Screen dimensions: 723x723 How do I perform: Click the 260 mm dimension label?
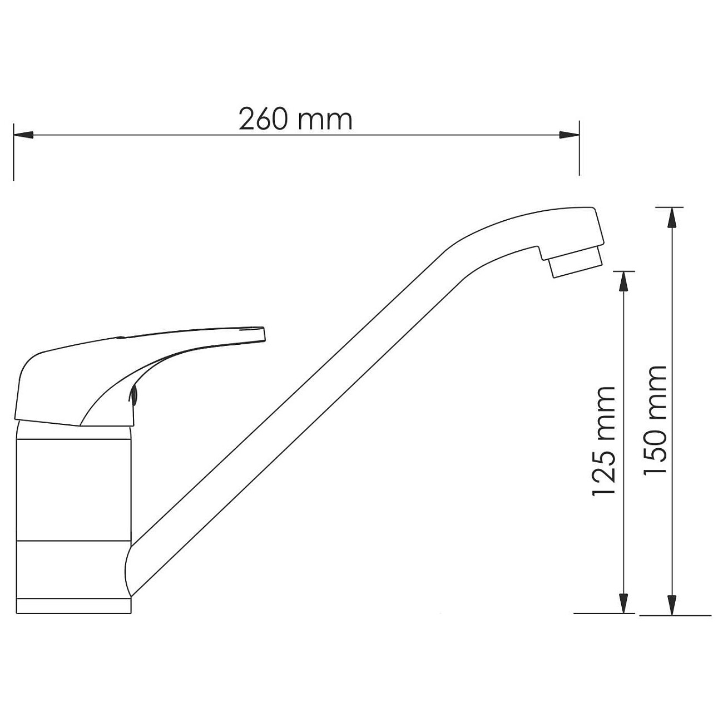point(295,119)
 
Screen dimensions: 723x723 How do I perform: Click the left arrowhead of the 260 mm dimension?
point(24,135)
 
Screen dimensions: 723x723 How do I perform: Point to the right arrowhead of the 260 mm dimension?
point(569,135)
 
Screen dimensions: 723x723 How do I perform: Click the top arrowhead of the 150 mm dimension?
point(673,218)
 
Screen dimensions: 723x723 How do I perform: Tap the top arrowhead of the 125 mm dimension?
point(624,282)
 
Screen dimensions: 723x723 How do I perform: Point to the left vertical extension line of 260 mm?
point(13,153)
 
